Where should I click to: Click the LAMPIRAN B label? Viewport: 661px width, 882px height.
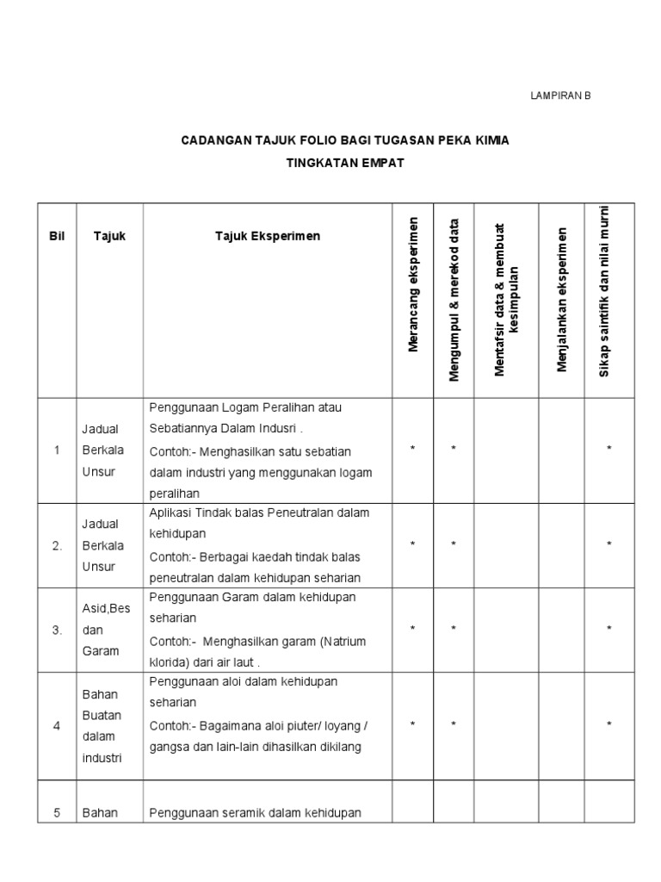point(560,96)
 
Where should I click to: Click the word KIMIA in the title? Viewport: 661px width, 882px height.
point(490,140)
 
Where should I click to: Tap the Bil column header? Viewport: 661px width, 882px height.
point(57,236)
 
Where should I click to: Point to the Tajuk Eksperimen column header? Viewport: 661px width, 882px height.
point(268,236)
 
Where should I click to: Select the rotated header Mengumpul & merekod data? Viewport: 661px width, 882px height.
point(454,300)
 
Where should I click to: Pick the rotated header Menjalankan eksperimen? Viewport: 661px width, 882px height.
point(562,300)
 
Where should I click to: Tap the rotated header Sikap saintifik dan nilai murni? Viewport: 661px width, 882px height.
point(604,291)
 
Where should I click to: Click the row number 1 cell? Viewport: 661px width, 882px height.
point(57,450)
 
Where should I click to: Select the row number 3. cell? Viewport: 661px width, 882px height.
point(57,630)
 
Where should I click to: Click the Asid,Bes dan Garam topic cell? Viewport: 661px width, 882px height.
point(106,630)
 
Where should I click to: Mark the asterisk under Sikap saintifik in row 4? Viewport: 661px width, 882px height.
point(609,725)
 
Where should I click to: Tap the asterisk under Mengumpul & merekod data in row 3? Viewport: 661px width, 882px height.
point(454,630)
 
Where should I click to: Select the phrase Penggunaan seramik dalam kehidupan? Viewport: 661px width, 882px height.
point(255,812)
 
